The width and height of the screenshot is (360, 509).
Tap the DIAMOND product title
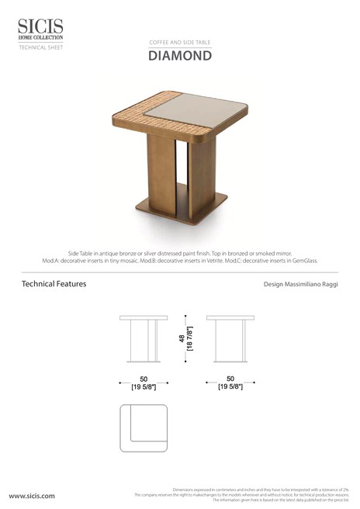[x=179, y=56]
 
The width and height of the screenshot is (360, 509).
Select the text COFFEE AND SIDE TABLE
[x=179, y=42]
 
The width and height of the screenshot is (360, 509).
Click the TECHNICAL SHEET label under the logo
[x=36, y=47]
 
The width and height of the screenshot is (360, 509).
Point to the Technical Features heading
[x=54, y=284]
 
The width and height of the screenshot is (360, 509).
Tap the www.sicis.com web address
[x=32, y=495]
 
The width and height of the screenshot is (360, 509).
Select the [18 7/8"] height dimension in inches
[x=189, y=339]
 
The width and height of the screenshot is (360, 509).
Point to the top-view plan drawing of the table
[x=144, y=428]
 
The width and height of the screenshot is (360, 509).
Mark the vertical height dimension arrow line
[x=185, y=339]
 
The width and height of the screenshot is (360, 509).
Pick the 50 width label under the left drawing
[x=144, y=379]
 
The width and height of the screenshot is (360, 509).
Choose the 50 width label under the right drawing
[x=230, y=379]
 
